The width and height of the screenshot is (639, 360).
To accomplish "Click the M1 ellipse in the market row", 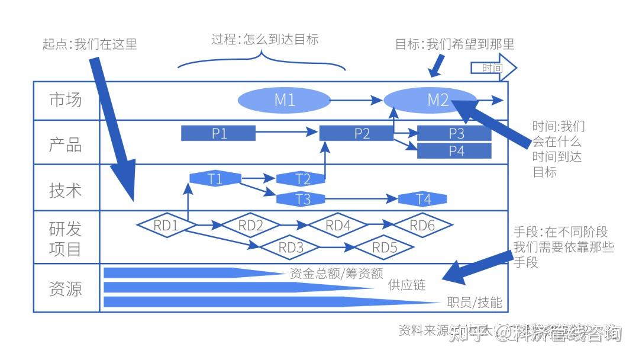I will click(284, 100).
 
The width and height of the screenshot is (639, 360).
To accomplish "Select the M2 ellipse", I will click(431, 99).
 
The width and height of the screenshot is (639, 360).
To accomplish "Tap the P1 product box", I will click(218, 133).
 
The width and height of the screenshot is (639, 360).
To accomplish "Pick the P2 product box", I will click(356, 133).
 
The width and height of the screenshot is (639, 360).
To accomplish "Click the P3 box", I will click(454, 133).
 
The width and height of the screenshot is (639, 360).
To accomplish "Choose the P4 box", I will click(454, 151).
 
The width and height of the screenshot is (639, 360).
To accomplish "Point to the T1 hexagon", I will click(215, 178).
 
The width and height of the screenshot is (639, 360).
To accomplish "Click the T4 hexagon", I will click(423, 199).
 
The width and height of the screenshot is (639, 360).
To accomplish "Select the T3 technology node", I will click(302, 199).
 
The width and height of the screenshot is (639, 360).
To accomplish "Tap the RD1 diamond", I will click(166, 225).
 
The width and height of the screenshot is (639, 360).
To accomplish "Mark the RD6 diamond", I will click(422, 225).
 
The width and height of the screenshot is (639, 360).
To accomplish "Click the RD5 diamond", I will click(385, 247).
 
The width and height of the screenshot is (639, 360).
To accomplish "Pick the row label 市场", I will click(66, 100).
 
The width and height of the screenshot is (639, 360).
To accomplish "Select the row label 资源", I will click(66, 288).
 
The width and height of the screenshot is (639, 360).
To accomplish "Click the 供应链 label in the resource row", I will click(406, 285).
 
